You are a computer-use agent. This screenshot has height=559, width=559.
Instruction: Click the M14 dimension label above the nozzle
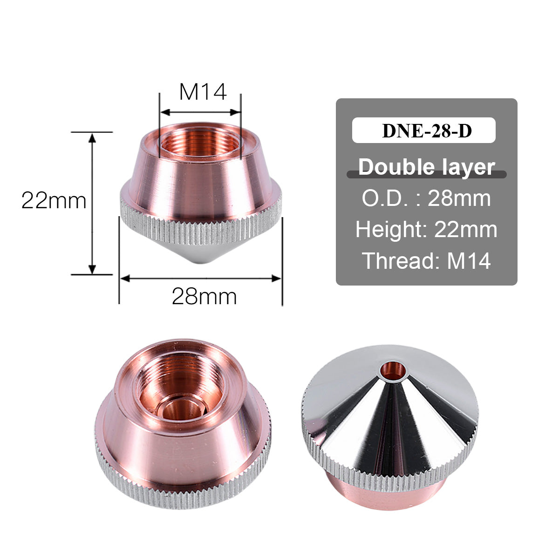[203, 92]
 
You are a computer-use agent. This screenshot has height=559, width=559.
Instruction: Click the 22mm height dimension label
[54, 201]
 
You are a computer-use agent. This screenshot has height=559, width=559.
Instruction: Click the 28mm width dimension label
[204, 296]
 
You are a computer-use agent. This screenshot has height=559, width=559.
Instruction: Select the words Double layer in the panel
[426, 167]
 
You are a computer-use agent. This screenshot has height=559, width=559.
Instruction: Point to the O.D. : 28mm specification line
[426, 198]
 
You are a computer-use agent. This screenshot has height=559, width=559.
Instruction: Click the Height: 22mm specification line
[426, 230]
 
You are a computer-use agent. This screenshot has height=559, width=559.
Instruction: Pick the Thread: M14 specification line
[426, 261]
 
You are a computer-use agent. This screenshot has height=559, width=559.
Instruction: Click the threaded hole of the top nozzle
[200, 142]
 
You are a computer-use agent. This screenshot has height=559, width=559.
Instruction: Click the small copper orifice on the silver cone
[393, 370]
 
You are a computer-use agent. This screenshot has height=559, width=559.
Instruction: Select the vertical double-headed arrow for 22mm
[92, 203]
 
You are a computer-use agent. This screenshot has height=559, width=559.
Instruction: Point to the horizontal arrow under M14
[200, 112]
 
